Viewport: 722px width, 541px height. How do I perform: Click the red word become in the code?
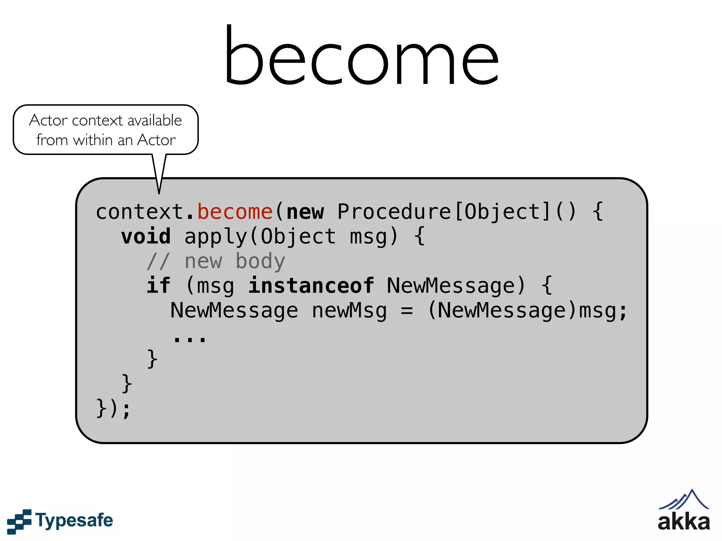pyautogui.click(x=235, y=212)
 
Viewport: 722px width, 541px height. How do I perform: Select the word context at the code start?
pyautogui.click(x=140, y=212)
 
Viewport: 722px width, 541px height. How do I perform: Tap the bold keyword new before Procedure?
pyautogui.click(x=305, y=212)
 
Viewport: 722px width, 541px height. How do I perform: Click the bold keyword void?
pyautogui.click(x=146, y=236)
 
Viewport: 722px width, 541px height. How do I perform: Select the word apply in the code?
pyautogui.click(x=216, y=236)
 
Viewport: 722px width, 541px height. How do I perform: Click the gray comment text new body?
pyautogui.click(x=235, y=261)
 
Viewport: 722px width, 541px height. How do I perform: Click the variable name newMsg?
pyautogui.click(x=349, y=311)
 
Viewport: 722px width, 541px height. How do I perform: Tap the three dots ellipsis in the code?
pyautogui.click(x=190, y=339)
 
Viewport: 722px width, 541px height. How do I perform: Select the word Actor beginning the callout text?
pyautogui.click(x=49, y=120)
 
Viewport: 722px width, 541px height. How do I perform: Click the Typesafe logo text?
pyautogui.click(x=74, y=521)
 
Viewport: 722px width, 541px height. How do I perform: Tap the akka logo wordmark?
pyautogui.click(x=684, y=522)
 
